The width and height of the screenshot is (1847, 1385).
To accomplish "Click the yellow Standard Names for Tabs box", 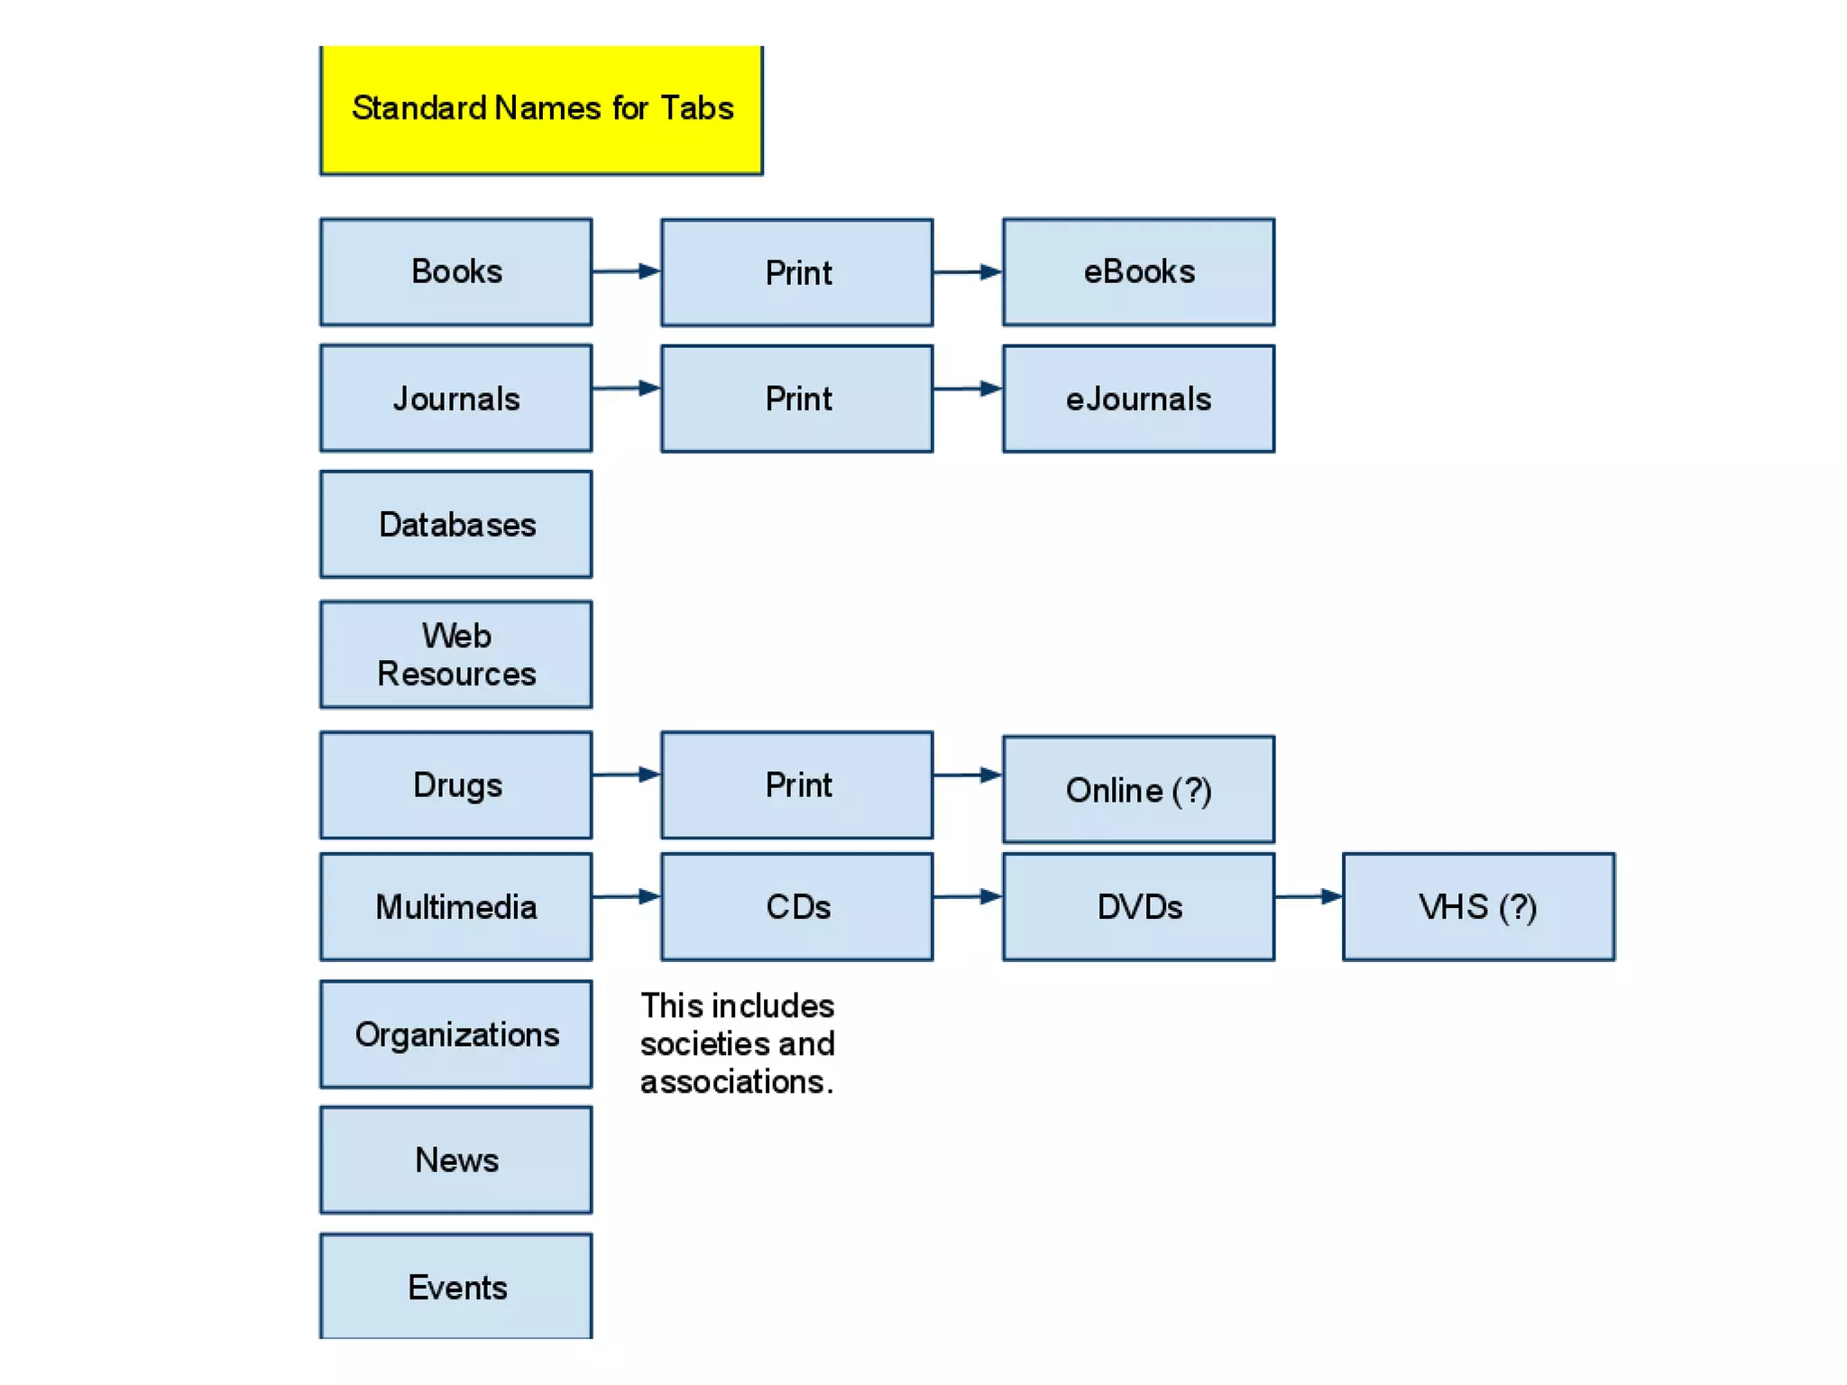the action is pyautogui.click(x=541, y=109).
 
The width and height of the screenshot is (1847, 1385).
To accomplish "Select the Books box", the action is pyautogui.click(x=456, y=271).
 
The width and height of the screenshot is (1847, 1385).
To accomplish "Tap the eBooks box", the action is pyautogui.click(x=1138, y=271).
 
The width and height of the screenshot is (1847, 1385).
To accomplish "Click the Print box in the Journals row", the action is pyautogui.click(x=797, y=399).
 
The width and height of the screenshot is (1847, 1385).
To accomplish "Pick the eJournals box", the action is pyautogui.click(x=1138, y=399).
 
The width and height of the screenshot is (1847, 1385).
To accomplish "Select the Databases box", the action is pyautogui.click(x=456, y=524).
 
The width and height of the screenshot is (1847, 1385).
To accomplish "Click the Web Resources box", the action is pyautogui.click(x=456, y=655).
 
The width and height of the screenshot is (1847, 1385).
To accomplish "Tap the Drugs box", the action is pyautogui.click(x=456, y=784).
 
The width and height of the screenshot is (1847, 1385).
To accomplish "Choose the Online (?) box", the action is pyautogui.click(x=1138, y=790).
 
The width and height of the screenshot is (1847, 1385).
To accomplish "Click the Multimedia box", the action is pyautogui.click(x=456, y=906).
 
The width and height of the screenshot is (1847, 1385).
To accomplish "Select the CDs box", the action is pyautogui.click(x=797, y=906).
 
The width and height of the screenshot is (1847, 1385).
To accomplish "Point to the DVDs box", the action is pyautogui.click(x=1138, y=906).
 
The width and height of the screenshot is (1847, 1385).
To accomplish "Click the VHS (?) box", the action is pyautogui.click(x=1478, y=906).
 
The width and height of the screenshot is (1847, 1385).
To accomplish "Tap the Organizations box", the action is pyautogui.click(x=456, y=1034).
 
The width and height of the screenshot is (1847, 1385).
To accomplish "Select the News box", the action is pyautogui.click(x=456, y=1160).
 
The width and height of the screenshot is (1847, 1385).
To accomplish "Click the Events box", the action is pyautogui.click(x=456, y=1287).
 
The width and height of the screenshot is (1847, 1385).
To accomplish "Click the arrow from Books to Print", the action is pyautogui.click(x=627, y=271).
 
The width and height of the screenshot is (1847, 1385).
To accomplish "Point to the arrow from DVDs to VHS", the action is pyautogui.click(x=1309, y=896).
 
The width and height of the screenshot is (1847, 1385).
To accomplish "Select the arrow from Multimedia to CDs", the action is pyautogui.click(x=627, y=896).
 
